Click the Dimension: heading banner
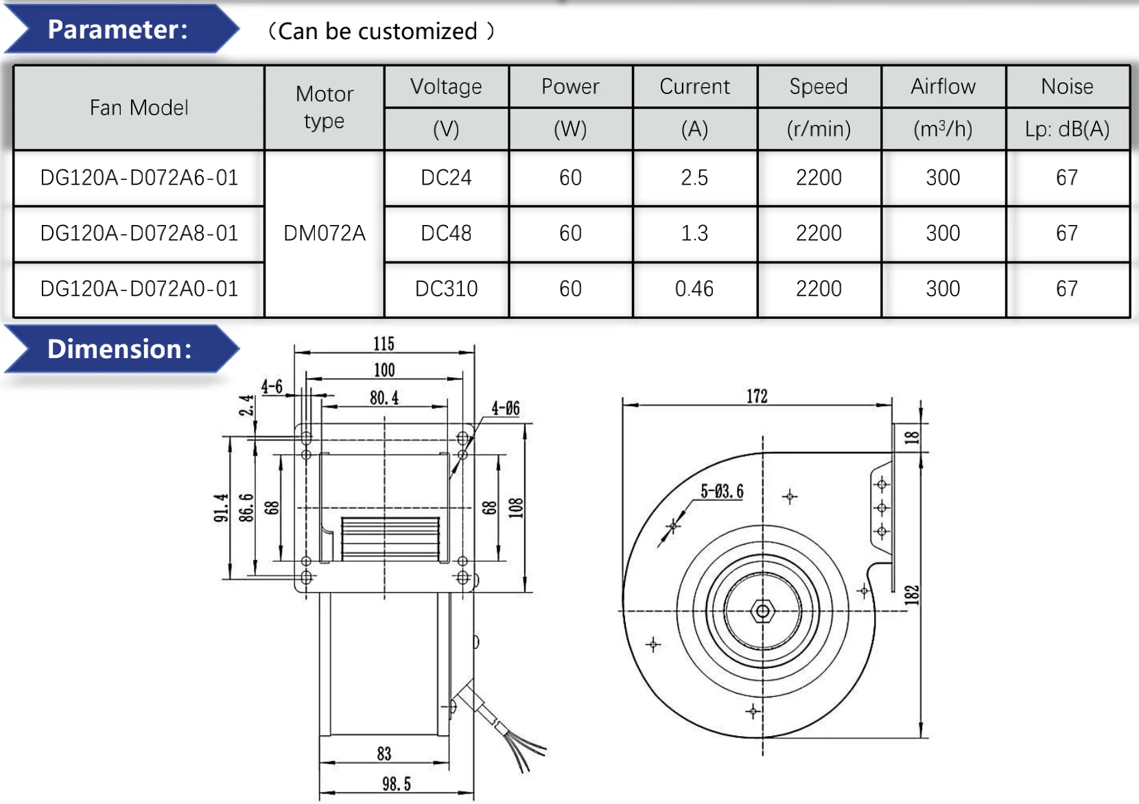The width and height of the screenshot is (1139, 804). pos(119,349)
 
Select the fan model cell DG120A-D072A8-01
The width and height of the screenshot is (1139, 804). pos(139,233)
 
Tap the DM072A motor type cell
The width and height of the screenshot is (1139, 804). pos(325,233)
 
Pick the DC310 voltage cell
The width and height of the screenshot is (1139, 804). pos(446,289)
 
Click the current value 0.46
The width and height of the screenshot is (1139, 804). pos(694,289)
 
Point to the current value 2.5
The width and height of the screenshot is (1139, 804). pos(694,178)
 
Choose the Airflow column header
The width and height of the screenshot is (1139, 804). pos(943,86)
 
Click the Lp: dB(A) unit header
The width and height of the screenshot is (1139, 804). pos(1067,129)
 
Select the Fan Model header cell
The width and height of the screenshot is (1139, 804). pos(139,108)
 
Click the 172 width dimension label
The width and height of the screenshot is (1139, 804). pos(757,396)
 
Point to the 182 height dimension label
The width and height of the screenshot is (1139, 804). pos(911,594)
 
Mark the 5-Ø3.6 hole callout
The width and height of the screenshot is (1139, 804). pos(722,491)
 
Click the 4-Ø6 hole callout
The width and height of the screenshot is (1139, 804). pos(506,409)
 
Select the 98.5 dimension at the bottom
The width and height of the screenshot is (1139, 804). pos(397,784)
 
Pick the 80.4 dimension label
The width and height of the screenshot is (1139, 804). pos(384,398)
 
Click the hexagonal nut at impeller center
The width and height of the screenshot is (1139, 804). pos(762,611)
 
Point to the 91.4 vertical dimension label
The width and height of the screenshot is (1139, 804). pos(221,508)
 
